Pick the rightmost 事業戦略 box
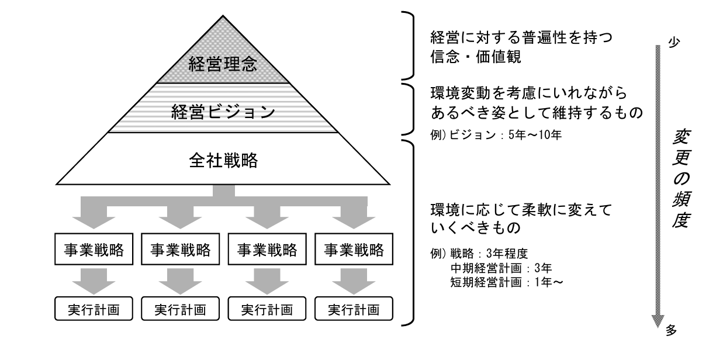(x=353, y=251)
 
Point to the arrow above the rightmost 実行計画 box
(x=353, y=281)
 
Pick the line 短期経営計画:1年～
(x=506, y=281)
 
